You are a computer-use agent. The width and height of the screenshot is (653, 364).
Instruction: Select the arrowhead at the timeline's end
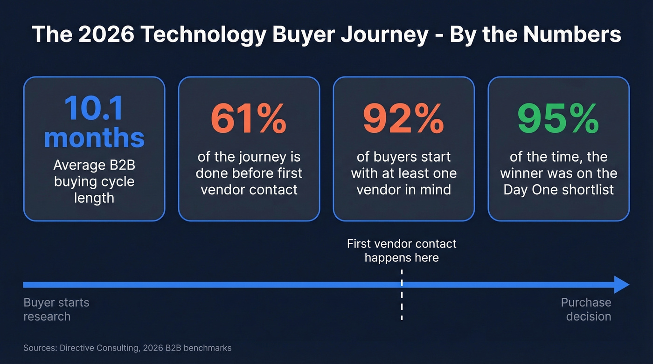[621, 284]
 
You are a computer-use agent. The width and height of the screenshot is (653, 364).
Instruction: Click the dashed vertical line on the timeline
[402, 303]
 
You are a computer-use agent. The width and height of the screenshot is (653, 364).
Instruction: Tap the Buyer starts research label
[56, 309]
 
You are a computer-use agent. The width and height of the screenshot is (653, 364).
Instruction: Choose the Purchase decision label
[586, 309]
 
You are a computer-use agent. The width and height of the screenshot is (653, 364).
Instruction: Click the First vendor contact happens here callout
[402, 250]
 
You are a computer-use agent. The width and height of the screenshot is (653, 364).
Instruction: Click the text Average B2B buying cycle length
[94, 181]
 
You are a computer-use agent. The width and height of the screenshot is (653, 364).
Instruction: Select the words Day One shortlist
[558, 190]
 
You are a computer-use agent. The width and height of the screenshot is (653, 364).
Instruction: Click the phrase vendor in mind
[403, 190]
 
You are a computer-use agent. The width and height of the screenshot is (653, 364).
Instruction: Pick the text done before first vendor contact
[249, 181]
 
